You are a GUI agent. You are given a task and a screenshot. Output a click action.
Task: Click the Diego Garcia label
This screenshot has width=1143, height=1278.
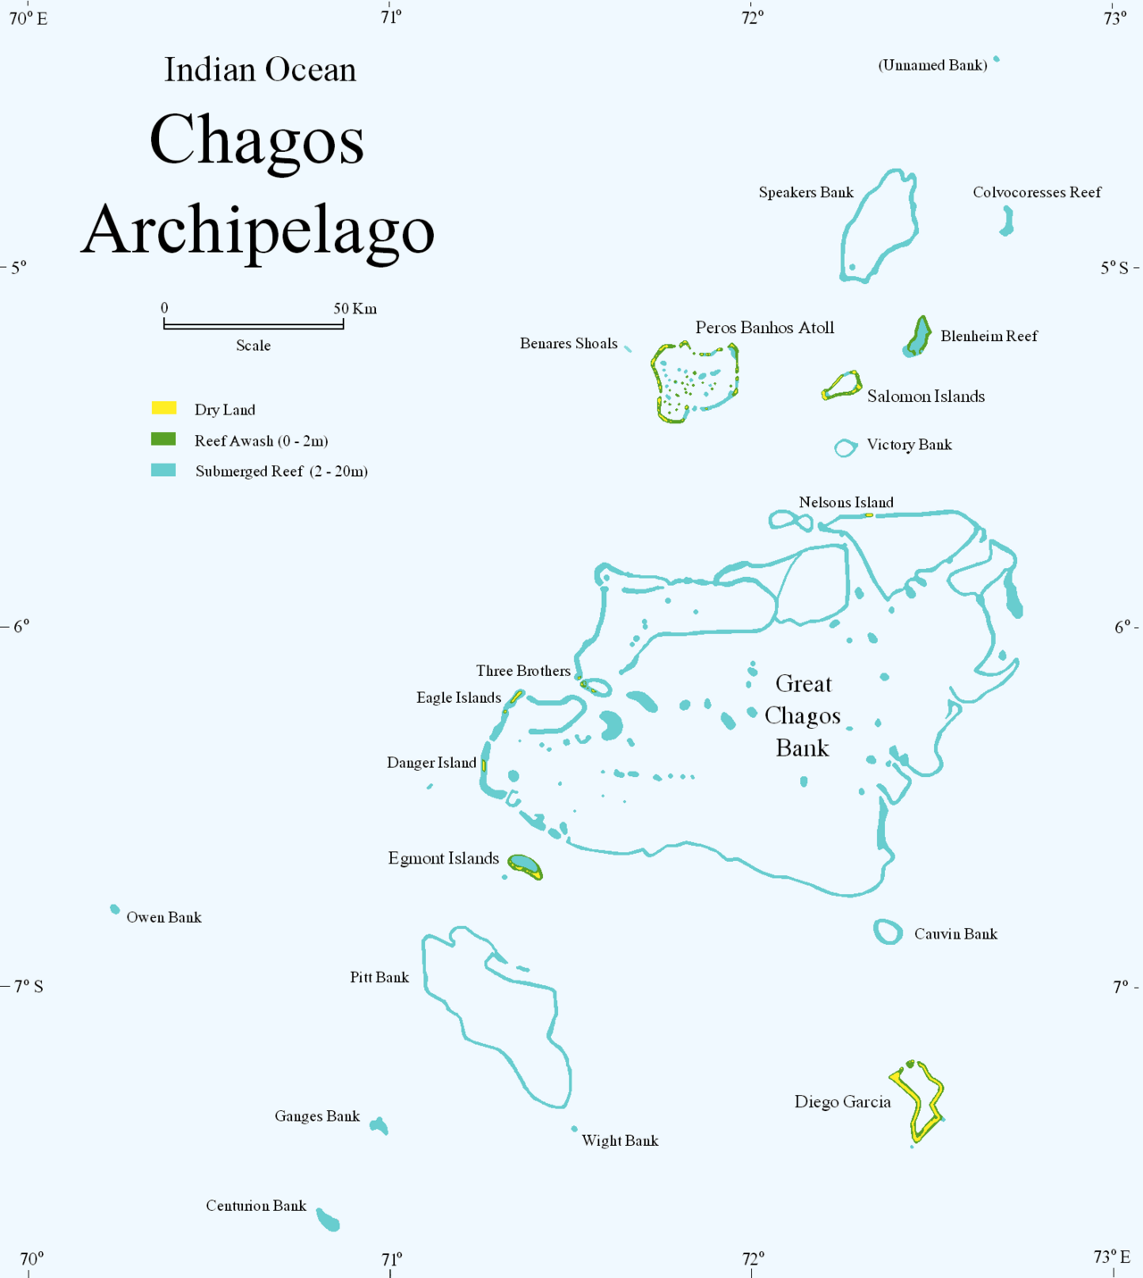point(842,1102)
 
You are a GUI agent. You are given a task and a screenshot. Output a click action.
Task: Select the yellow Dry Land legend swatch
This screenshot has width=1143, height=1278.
point(163,408)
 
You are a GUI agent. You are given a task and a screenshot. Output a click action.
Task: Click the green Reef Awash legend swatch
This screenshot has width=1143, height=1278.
point(163,439)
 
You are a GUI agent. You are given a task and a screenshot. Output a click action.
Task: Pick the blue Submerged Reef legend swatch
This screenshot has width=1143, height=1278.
point(163,471)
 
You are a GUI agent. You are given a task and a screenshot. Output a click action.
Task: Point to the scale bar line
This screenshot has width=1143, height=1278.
point(254,326)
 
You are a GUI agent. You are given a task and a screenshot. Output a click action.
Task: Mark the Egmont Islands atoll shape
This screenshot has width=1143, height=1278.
point(525,866)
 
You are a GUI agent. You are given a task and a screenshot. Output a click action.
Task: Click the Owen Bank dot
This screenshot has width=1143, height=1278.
point(114,909)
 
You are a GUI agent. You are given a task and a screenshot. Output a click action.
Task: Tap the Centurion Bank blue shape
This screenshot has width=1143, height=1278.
point(329,1220)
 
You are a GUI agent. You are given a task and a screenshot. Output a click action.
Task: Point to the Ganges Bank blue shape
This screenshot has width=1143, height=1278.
point(380,1125)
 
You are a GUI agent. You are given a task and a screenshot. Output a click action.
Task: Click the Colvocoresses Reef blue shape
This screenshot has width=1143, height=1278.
point(1007,221)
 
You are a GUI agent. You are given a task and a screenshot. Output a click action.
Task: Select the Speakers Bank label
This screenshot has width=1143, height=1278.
point(805,192)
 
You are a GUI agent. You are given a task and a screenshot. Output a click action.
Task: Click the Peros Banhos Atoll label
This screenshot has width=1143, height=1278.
point(764,328)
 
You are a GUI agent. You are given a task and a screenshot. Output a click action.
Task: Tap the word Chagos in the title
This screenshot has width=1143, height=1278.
point(257,140)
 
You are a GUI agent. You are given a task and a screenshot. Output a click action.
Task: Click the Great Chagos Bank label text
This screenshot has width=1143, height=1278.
point(803,715)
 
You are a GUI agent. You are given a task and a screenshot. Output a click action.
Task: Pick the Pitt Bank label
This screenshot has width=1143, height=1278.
point(380,977)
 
